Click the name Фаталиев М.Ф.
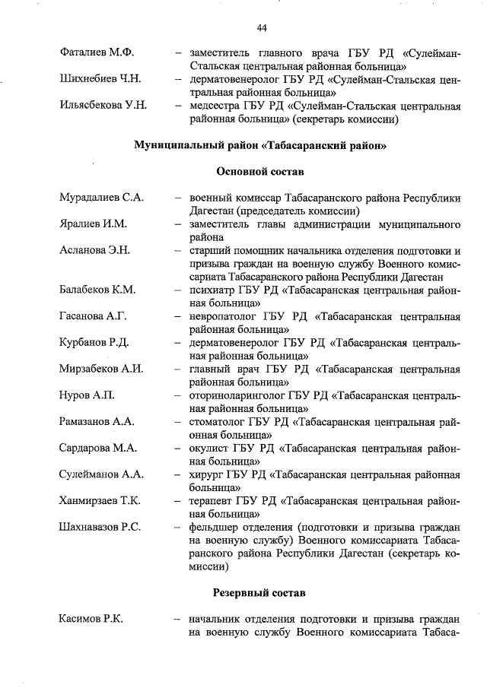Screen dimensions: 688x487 click(96, 53)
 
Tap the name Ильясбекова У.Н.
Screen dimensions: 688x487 click(103, 106)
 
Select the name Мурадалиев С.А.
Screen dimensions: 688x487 click(102, 198)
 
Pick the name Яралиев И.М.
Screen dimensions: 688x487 click(93, 224)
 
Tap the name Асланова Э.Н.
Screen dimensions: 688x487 click(95, 250)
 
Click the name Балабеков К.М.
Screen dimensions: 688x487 click(97, 290)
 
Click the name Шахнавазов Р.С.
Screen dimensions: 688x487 click(100, 527)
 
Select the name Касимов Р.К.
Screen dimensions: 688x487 click(91, 618)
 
